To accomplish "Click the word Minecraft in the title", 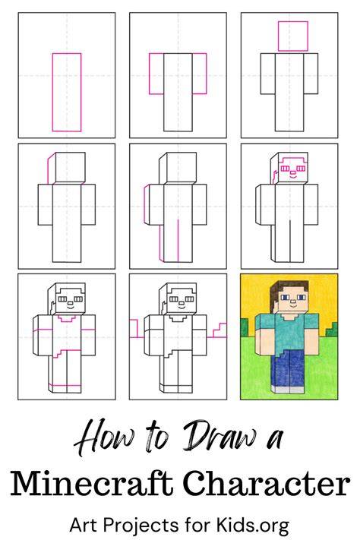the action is (x=91, y=484).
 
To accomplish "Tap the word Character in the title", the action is (x=267, y=484).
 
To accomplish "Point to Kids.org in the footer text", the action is (x=252, y=526).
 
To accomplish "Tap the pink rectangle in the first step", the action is (x=67, y=93).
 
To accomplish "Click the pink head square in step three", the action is (x=293, y=36).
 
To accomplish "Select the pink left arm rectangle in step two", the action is (x=156, y=74).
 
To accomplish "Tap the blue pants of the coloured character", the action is (x=289, y=368).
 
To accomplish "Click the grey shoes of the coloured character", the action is (x=289, y=390).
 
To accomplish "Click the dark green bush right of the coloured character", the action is (x=332, y=329).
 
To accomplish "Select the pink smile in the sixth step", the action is (x=292, y=178).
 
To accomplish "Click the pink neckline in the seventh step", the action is (x=67, y=318).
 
